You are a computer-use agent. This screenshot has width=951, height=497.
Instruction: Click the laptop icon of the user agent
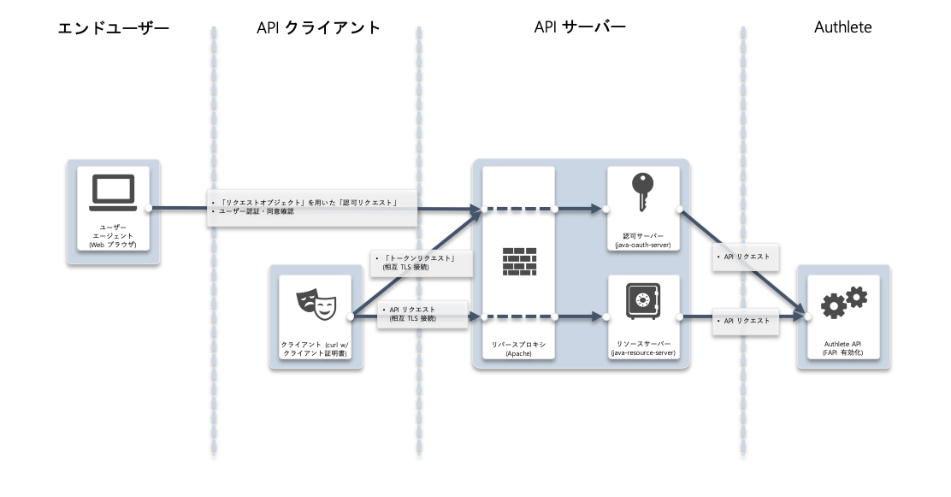[x=113, y=193]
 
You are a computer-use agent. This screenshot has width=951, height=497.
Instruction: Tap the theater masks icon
[x=316, y=305]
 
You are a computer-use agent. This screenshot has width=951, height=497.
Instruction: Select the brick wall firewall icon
[x=519, y=262]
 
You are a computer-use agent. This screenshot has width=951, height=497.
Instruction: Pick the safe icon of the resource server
[x=643, y=301]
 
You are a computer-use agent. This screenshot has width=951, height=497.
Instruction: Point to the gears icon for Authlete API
[x=843, y=302]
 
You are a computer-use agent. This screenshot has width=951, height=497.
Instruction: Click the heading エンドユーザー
[x=114, y=28]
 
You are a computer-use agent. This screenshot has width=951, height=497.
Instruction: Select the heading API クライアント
[x=318, y=27]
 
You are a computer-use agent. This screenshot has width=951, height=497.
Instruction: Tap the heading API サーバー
[x=580, y=27]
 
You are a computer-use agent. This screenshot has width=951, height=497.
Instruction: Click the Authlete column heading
[x=842, y=27]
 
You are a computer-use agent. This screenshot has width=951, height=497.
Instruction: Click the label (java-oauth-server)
[x=643, y=246]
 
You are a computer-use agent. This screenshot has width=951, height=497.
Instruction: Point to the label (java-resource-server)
[x=643, y=352]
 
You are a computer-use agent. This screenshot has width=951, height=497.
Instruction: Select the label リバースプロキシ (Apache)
[x=518, y=349]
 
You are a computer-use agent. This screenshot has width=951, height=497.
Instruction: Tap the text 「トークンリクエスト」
[x=419, y=257]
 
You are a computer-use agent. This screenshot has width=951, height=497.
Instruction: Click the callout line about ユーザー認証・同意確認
[x=256, y=211]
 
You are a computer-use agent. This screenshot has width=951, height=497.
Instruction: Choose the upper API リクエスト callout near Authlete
[x=746, y=257]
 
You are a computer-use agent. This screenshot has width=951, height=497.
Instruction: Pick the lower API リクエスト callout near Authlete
[x=746, y=321]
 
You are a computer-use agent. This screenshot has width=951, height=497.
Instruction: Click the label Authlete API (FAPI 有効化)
[x=843, y=348]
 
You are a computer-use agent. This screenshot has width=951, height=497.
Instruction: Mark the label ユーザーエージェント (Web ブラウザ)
[x=113, y=236]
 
